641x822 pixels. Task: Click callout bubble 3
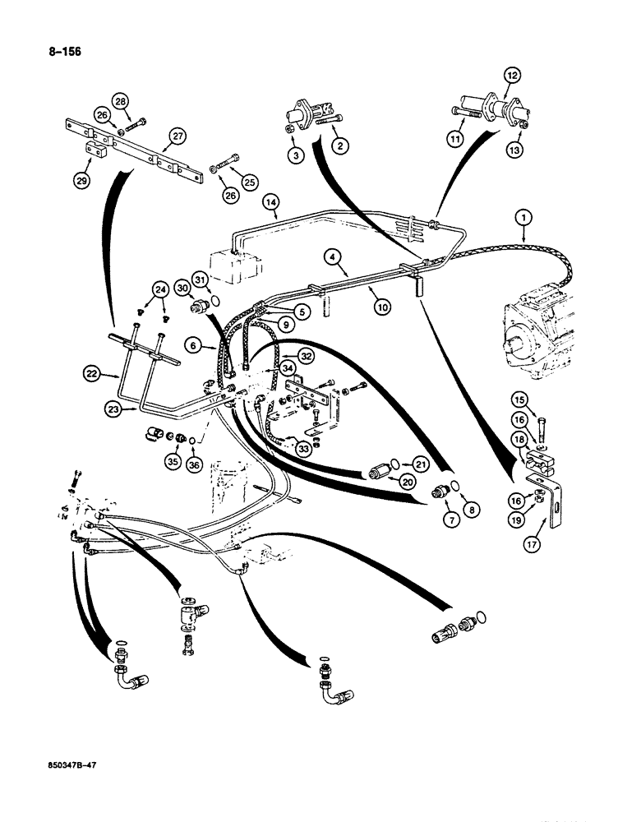293,153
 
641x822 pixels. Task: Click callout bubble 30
182,286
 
